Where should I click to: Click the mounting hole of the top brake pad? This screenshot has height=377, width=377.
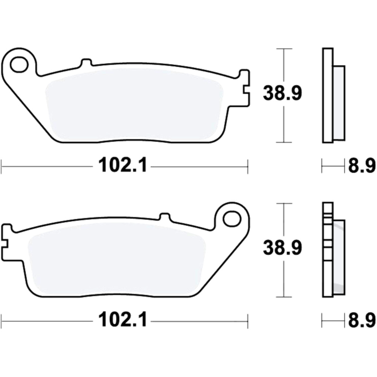point(19,65)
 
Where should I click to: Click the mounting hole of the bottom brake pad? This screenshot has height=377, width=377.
point(231,218)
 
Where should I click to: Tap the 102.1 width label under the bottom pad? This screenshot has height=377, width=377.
point(123,321)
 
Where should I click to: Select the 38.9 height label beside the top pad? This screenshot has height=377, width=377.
point(282,93)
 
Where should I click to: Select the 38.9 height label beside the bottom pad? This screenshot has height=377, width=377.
point(282,248)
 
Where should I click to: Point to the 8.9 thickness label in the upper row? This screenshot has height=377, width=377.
point(362,166)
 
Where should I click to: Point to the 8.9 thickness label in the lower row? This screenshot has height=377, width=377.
point(362,321)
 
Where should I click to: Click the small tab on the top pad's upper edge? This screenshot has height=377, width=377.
point(86,63)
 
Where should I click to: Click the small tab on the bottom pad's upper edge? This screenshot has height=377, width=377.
point(165,217)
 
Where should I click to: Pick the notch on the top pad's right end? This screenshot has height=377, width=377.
point(246,89)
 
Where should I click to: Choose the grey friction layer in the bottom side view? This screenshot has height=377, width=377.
point(339,256)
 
